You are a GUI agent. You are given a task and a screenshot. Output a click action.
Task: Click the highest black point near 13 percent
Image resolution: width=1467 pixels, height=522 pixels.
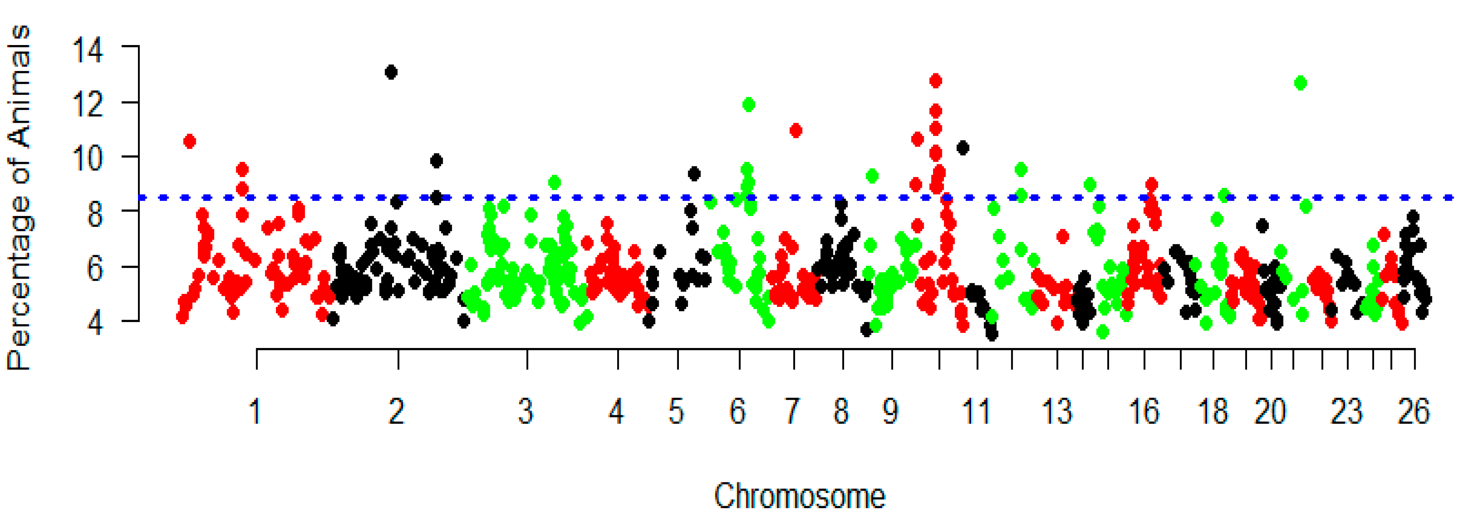[391, 72]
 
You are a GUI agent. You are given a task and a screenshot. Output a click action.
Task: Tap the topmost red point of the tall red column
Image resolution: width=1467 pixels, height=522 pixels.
[935, 81]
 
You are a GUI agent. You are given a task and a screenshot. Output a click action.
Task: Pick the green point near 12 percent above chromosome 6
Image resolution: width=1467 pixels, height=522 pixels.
[748, 105]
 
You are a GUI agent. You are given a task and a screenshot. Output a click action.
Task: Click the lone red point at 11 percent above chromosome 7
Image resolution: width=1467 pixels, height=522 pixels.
[795, 130]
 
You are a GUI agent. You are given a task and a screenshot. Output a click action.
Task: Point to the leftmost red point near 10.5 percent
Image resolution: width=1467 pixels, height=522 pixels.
[190, 141]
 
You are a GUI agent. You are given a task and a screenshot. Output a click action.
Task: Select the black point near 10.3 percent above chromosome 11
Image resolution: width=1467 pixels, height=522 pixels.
[963, 148]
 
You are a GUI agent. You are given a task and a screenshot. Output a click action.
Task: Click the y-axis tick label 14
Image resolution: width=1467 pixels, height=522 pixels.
[88, 50]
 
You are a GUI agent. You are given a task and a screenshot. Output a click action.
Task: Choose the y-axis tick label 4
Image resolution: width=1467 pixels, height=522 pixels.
[94, 323]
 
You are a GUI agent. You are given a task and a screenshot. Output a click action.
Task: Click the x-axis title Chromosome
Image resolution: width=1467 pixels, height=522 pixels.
[799, 496]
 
